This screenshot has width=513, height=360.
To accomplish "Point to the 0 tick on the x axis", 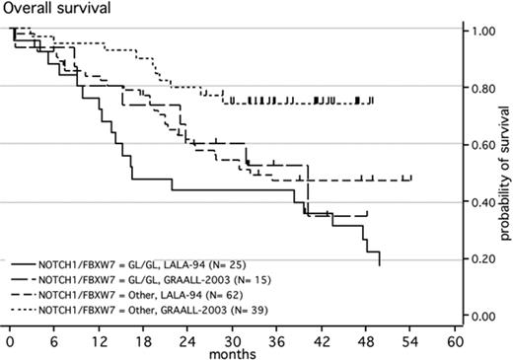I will (9, 339).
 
